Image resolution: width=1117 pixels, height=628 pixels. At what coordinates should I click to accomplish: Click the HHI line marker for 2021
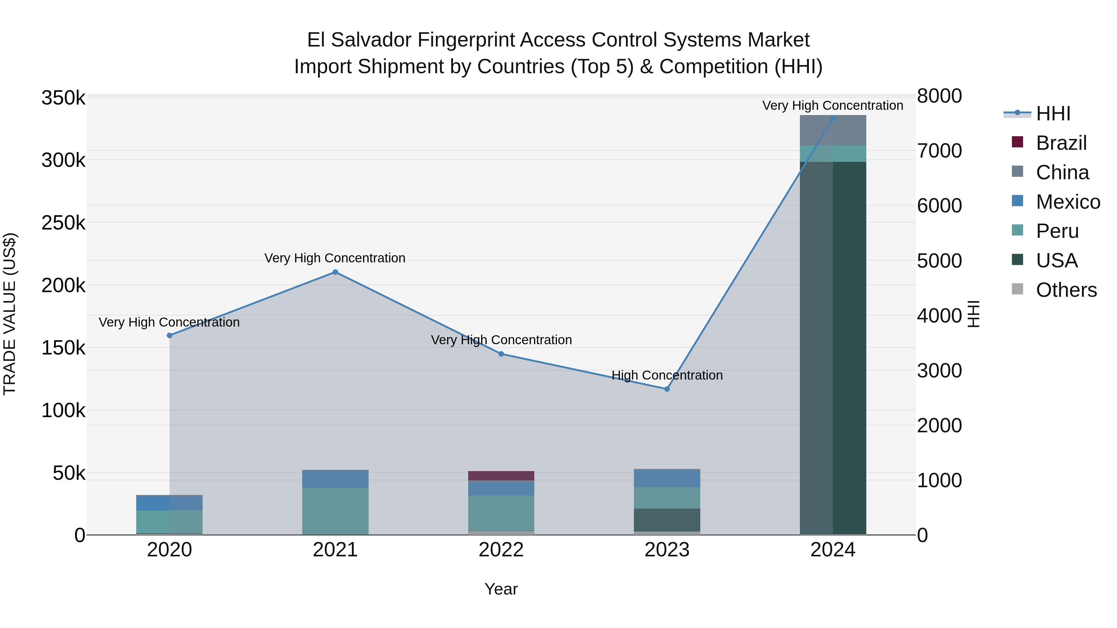[x=335, y=272]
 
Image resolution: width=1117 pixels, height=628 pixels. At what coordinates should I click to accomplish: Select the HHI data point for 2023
[x=667, y=389]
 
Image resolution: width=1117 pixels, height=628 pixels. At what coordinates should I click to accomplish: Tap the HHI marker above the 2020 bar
[x=169, y=336]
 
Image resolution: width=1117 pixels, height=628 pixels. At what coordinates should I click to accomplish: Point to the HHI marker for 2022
[x=501, y=354]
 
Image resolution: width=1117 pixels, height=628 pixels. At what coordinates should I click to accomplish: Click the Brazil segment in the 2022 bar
[x=501, y=475]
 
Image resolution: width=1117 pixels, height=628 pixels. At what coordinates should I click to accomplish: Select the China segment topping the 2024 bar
[x=833, y=131]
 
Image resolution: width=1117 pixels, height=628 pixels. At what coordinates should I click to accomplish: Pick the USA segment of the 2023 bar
[x=667, y=520]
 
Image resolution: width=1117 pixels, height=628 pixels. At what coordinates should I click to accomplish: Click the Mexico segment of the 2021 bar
[x=335, y=479]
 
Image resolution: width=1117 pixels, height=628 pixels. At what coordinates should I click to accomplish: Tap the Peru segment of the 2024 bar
[x=833, y=154]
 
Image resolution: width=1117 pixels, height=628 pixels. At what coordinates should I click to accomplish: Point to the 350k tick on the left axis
[x=63, y=98]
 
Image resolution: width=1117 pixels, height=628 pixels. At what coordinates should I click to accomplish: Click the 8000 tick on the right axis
[x=939, y=96]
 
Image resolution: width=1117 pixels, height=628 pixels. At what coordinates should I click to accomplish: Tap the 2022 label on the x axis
[x=501, y=550]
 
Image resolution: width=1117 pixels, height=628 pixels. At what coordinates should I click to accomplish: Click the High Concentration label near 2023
[x=667, y=375]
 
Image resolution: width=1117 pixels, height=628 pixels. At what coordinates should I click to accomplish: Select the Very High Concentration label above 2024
[x=832, y=105]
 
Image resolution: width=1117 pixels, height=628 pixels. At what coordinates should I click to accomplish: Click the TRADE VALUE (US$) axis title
[x=10, y=314]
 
